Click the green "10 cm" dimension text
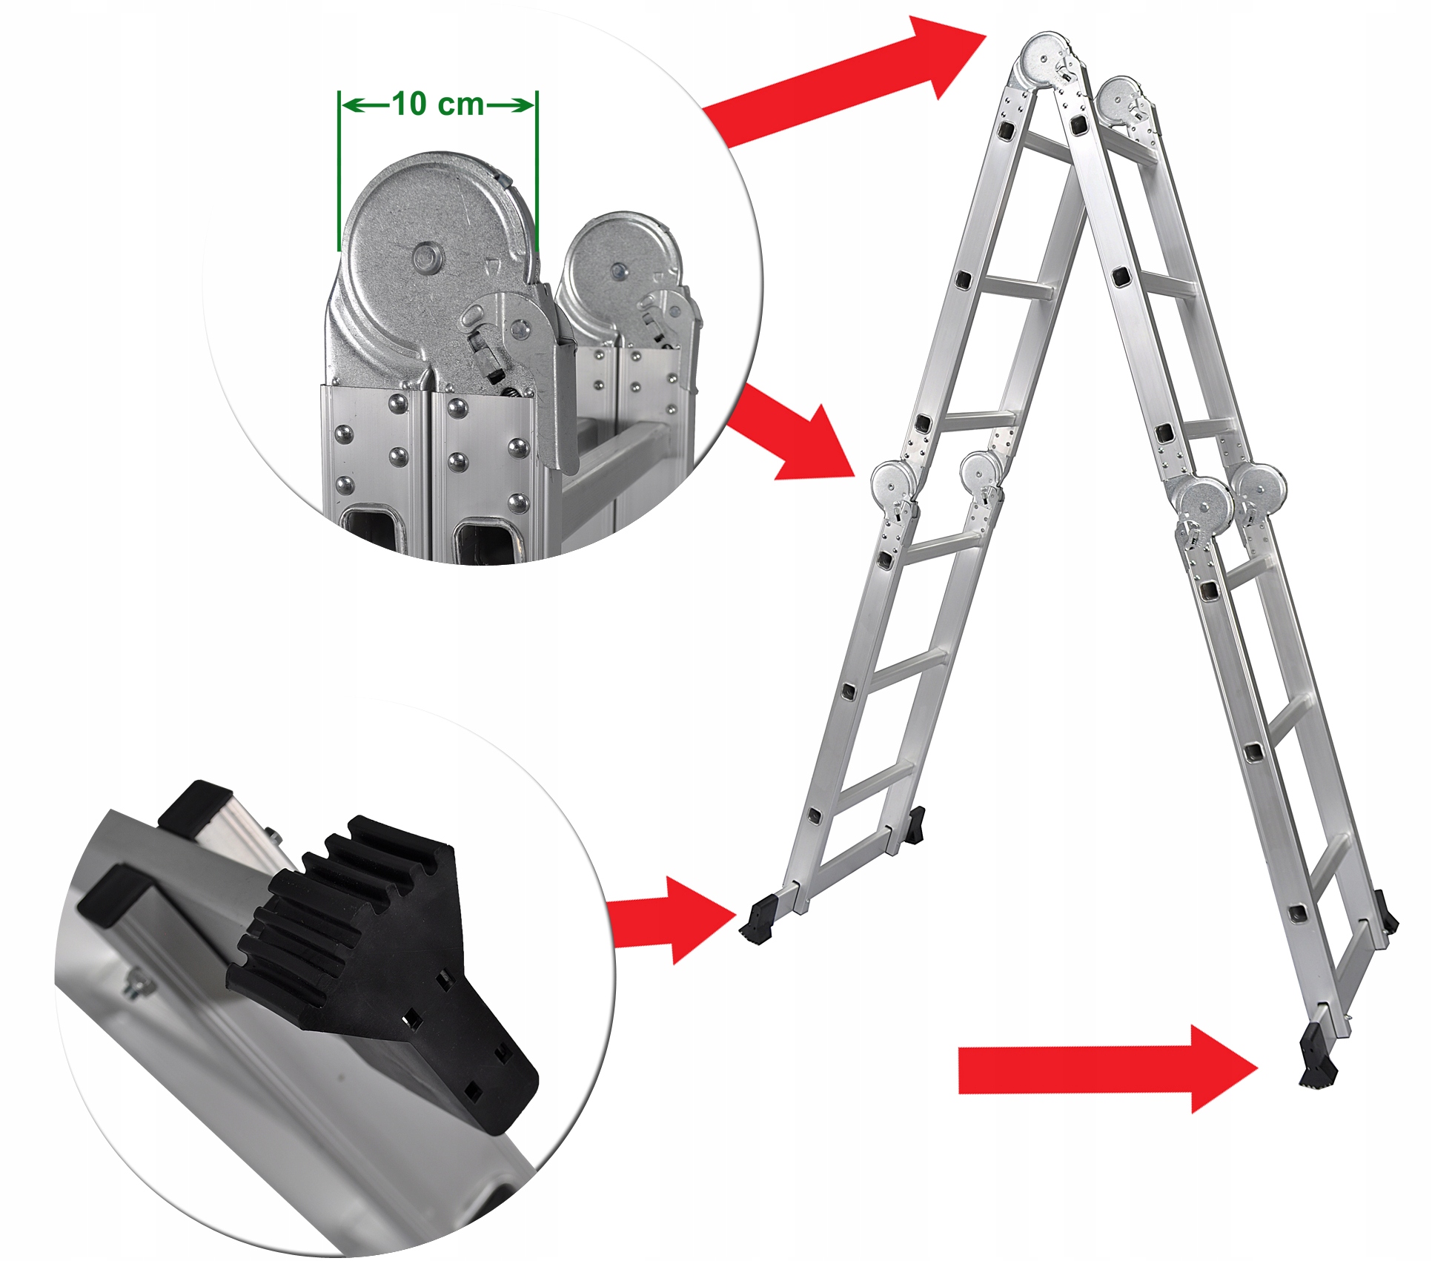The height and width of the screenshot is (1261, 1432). click(x=437, y=105)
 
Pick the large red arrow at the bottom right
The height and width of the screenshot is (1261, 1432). click(x=1108, y=1070)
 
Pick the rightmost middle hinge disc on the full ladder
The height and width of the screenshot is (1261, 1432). click(x=1261, y=490)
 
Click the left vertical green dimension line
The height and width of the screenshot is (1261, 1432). click(x=339, y=171)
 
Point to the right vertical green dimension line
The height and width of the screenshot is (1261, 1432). click(x=537, y=171)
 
